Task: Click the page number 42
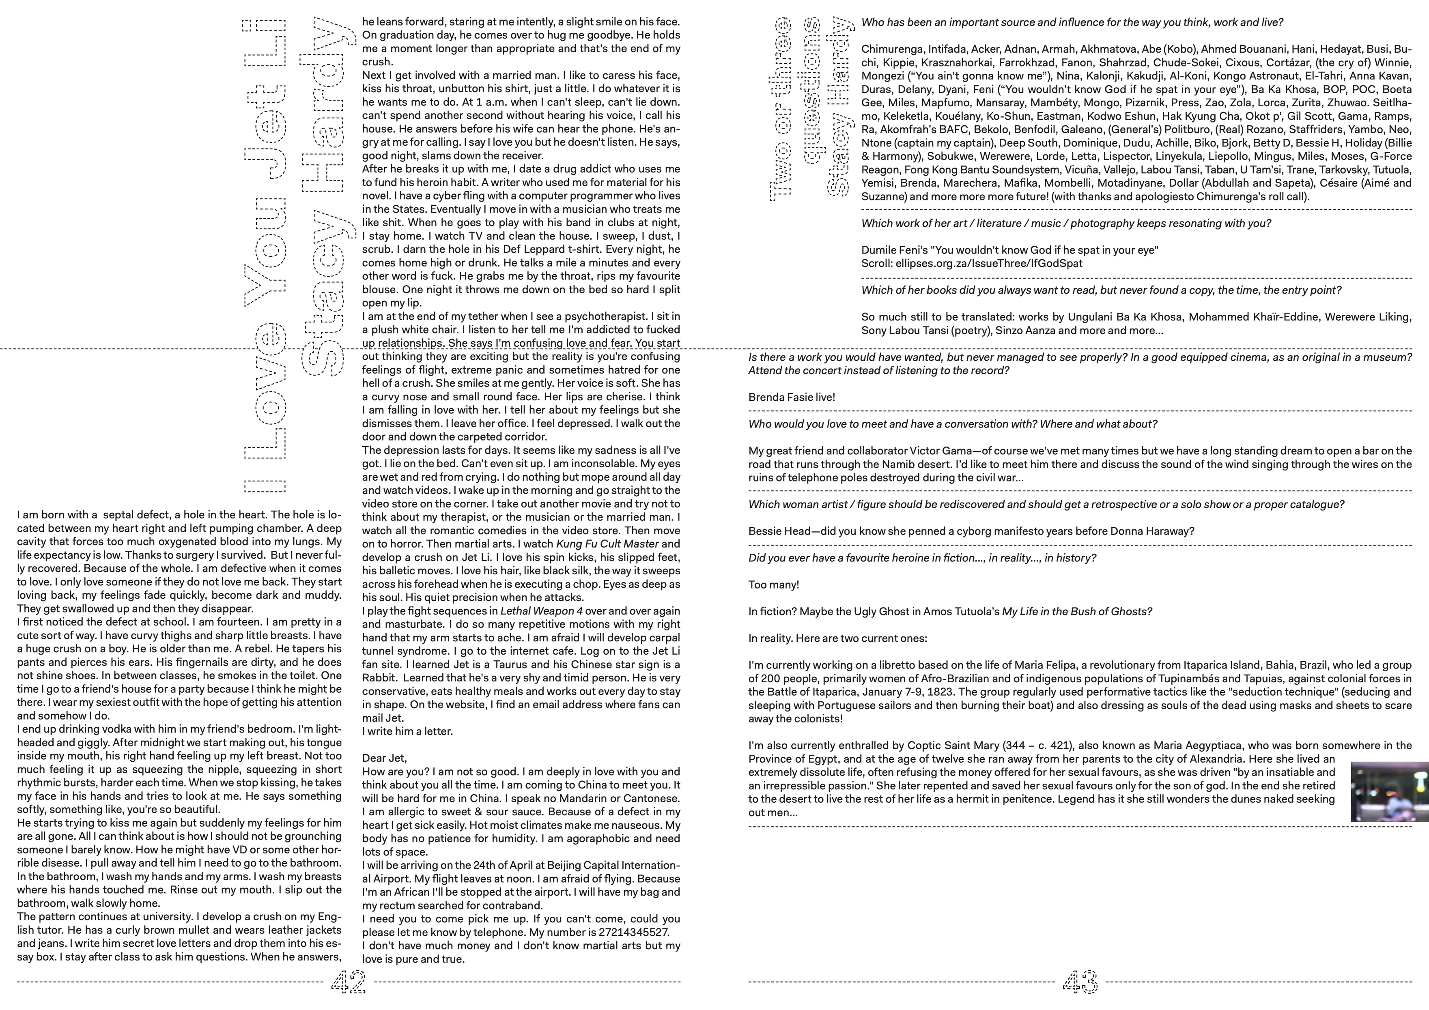(x=349, y=982)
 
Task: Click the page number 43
(x=1080, y=982)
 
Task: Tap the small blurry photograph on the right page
(x=1389, y=791)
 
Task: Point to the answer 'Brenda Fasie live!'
(x=792, y=397)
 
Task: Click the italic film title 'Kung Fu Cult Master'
(x=607, y=544)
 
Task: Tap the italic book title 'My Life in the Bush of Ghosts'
(x=1077, y=611)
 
